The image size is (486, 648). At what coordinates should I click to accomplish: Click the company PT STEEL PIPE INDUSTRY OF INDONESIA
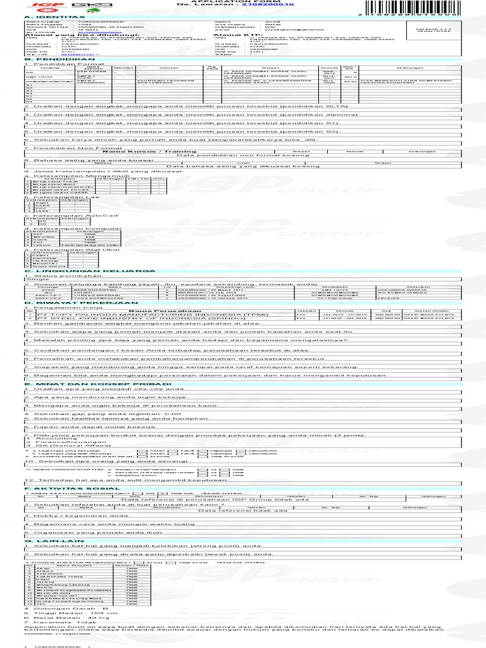111,319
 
